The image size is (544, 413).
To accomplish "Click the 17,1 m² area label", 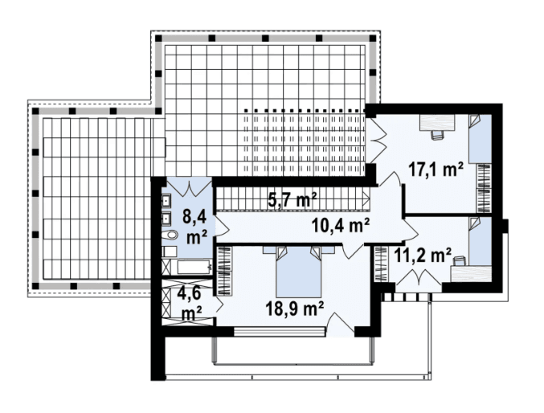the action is [x=436, y=170].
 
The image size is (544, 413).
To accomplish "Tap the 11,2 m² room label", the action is [x=422, y=256].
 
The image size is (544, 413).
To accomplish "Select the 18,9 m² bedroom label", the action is [x=295, y=309].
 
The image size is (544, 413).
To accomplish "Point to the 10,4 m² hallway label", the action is [x=340, y=226].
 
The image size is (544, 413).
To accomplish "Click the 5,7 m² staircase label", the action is [x=292, y=200].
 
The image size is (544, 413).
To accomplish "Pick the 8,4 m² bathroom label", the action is [x=194, y=228].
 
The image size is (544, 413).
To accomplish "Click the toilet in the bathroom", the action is [x=170, y=235].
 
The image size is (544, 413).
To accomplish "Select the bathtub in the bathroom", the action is [x=194, y=268].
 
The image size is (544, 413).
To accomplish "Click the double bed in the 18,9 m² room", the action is [x=298, y=271].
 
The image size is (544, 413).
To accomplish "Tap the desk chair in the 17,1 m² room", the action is [x=437, y=135].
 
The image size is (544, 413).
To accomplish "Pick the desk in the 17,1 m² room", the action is [x=437, y=122].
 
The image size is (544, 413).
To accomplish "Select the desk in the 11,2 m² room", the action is [x=471, y=272].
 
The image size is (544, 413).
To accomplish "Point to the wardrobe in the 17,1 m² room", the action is [x=484, y=188].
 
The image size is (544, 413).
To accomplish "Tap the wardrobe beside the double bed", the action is [x=223, y=271].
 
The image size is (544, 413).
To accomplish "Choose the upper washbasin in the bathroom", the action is [x=166, y=200].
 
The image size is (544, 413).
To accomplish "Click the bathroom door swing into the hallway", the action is [x=222, y=227].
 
